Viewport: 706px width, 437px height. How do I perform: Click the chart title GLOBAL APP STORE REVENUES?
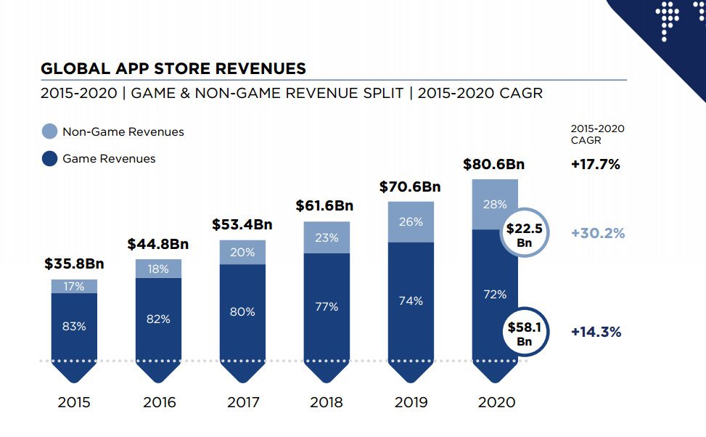click(173, 69)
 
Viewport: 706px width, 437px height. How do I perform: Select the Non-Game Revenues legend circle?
click(49, 131)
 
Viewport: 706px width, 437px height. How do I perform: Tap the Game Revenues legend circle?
click(49, 158)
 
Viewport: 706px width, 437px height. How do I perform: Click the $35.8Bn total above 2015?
click(74, 264)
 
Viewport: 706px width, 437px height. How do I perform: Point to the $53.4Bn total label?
click(242, 224)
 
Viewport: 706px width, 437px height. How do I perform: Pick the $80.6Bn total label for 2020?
click(493, 164)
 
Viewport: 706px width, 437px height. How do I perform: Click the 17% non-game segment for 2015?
click(74, 286)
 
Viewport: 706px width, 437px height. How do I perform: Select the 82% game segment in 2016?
click(158, 319)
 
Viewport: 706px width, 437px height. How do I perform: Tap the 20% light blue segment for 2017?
click(242, 252)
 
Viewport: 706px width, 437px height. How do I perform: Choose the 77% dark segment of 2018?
click(327, 306)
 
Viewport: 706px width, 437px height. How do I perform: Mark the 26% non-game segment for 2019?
click(411, 221)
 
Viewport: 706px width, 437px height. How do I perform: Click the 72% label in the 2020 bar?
click(495, 294)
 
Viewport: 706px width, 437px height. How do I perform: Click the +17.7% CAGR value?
click(596, 164)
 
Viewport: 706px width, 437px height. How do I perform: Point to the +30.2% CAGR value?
click(598, 233)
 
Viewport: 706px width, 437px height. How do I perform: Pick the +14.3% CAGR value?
click(596, 332)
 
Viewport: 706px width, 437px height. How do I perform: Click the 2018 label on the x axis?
click(327, 402)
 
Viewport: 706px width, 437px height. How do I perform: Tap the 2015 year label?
click(74, 402)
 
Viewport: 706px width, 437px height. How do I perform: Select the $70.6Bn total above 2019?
click(410, 187)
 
